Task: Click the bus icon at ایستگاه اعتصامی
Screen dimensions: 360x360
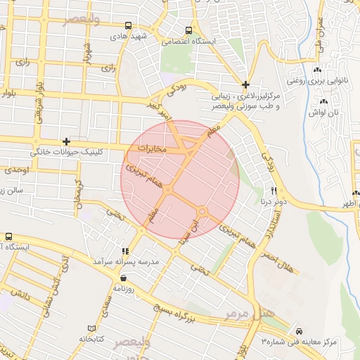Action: click(188, 30)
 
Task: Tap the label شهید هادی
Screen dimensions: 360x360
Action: click(146, 36)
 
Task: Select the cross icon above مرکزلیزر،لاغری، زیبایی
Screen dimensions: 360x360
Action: click(245, 84)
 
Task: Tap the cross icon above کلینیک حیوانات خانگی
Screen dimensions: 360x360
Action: click(66, 141)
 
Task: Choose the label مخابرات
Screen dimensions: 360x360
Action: click(153, 149)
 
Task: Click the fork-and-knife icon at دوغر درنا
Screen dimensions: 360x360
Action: click(274, 191)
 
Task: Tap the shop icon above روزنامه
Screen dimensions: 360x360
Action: click(124, 277)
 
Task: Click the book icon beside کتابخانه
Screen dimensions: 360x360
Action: click(90, 328)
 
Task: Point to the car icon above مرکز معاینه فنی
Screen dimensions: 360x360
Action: click(300, 330)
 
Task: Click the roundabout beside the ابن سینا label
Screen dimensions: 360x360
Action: click(202, 211)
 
